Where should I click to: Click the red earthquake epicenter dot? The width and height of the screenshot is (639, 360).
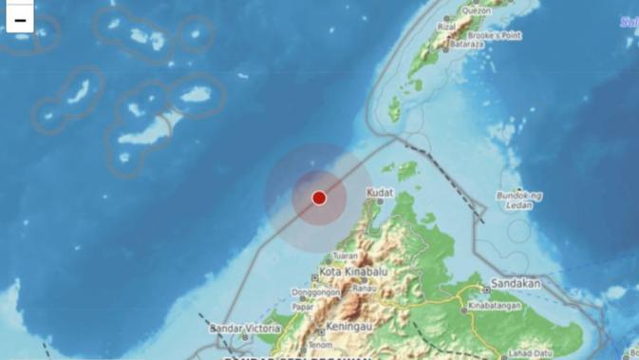pyautogui.click(x=319, y=198)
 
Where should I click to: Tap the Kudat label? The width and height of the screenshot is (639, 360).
pyautogui.click(x=380, y=193)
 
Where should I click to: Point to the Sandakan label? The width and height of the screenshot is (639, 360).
pyautogui.click(x=517, y=283)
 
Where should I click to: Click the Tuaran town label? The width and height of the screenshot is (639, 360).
pyautogui.click(x=346, y=256)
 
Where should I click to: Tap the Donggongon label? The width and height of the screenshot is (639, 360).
pyautogui.click(x=315, y=293)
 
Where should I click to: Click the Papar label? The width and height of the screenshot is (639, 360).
pyautogui.click(x=304, y=307)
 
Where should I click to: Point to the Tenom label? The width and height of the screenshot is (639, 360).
pyautogui.click(x=321, y=345)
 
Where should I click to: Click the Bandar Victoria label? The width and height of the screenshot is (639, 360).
pyautogui.click(x=246, y=329)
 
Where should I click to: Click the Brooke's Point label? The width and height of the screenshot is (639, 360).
pyautogui.click(x=496, y=35)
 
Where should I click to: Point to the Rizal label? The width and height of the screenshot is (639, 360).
pyautogui.click(x=447, y=27)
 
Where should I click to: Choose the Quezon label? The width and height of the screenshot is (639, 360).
pyautogui.click(x=475, y=10)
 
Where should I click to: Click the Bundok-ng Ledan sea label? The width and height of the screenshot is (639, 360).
pyautogui.click(x=519, y=201)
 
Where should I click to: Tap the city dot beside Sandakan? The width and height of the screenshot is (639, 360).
pyautogui.click(x=486, y=288)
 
